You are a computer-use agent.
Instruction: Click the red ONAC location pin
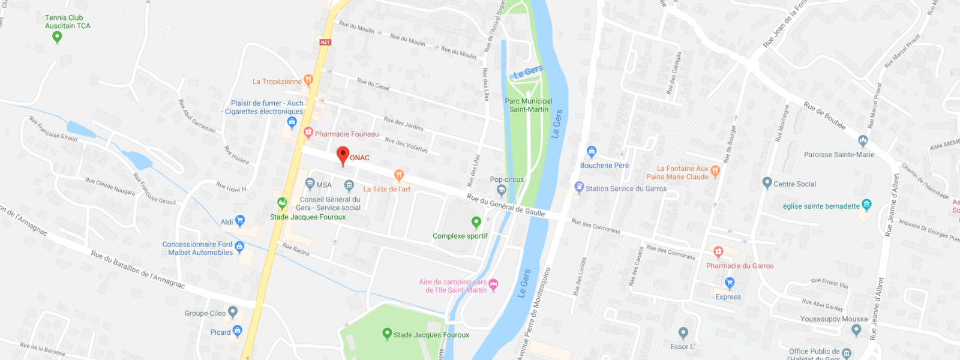pyautogui.click(x=343, y=155)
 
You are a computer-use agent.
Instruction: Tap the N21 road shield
pyautogui.click(x=325, y=42)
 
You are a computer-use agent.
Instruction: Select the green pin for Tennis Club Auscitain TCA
pyautogui.click(x=57, y=37)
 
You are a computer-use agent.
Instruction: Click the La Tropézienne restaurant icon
pyautogui.click(x=308, y=79)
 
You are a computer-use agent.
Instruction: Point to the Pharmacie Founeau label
pyautogui.click(x=347, y=134)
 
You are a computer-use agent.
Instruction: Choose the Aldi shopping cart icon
pyautogui.click(x=240, y=221)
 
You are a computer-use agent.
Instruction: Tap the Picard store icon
pyautogui.click(x=238, y=331)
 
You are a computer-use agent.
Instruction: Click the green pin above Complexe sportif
pyautogui.click(x=476, y=222)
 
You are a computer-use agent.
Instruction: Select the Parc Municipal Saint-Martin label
pyautogui.click(x=529, y=106)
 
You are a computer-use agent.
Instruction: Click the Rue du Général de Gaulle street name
pyautogui.click(x=506, y=205)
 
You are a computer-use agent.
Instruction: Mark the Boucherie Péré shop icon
pyautogui.click(x=592, y=151)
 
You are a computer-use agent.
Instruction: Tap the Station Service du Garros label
pyautogui.click(x=626, y=188)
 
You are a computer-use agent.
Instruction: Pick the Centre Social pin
pyautogui.click(x=767, y=182)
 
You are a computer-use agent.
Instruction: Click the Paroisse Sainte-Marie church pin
pyautogui.click(x=863, y=141)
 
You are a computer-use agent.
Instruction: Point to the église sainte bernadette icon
pyautogui.click(x=866, y=205)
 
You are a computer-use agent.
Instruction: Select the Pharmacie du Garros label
pyautogui.click(x=740, y=266)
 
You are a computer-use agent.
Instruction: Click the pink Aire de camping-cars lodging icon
pyautogui.click(x=493, y=284)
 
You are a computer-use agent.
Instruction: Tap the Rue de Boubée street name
pyautogui.click(x=824, y=116)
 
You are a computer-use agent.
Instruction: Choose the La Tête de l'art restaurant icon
pyautogui.click(x=398, y=175)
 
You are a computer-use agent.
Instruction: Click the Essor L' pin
pyautogui.click(x=683, y=332)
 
